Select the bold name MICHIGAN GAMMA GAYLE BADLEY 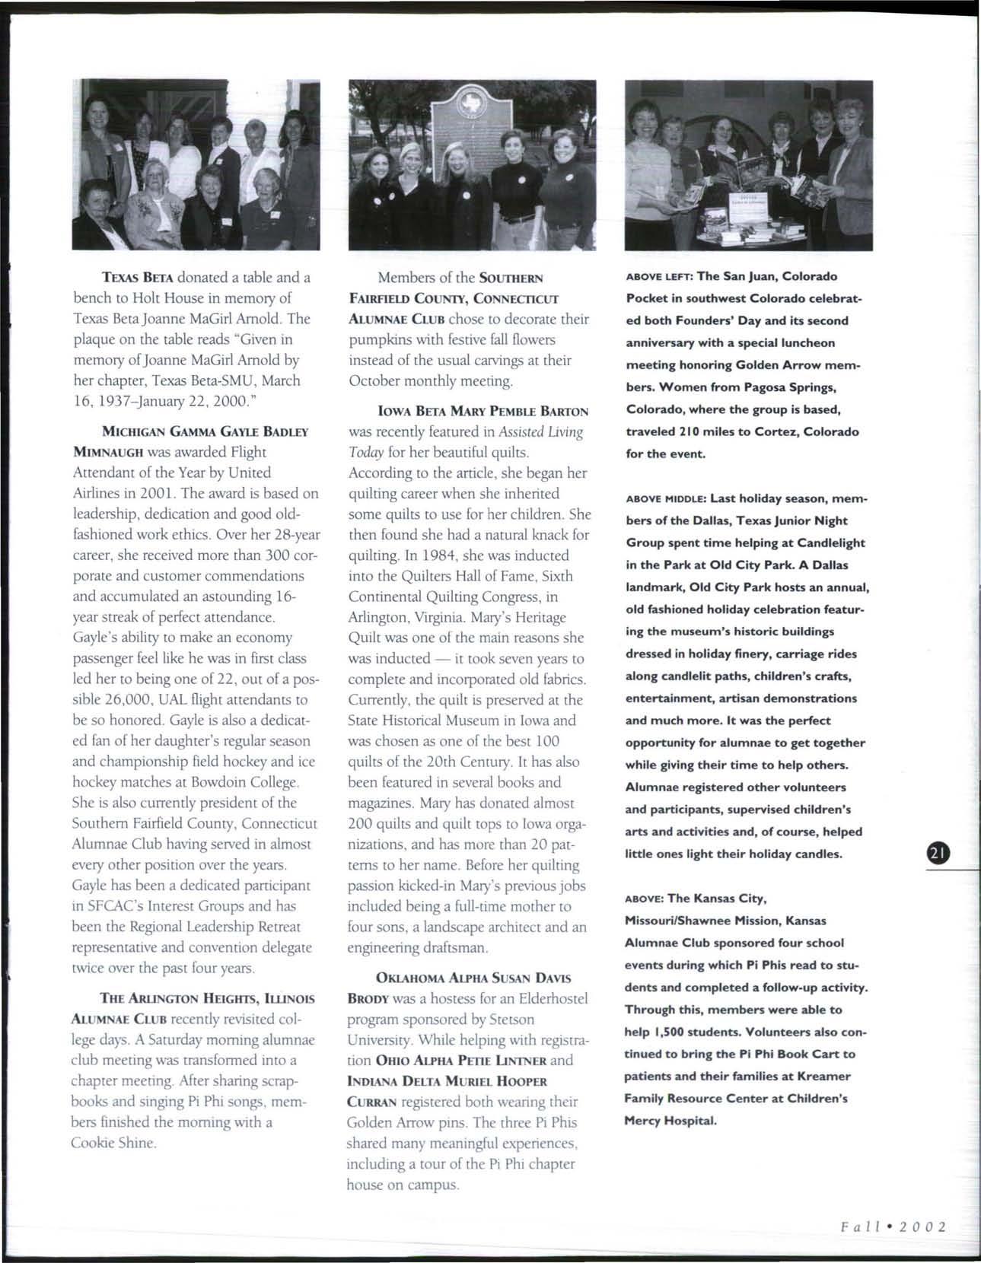tap(205, 431)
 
